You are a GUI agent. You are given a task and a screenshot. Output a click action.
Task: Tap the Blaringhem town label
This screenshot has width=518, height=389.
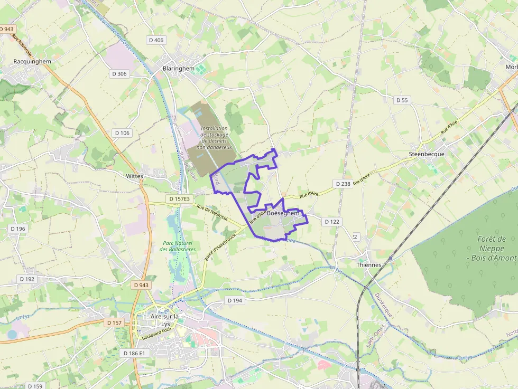[x=179, y=69]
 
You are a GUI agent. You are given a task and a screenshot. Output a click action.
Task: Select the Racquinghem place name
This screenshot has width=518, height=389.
[x=32, y=61]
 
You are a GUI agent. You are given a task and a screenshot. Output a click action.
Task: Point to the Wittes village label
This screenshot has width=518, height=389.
[x=135, y=176]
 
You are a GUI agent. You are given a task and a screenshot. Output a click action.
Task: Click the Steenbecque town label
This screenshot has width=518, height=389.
[x=427, y=154]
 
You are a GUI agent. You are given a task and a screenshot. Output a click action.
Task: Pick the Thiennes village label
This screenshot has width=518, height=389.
[x=368, y=265]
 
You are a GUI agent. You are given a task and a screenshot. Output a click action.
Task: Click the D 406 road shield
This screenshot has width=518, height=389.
[x=156, y=40]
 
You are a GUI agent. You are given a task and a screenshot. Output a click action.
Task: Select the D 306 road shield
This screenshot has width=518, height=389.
[x=119, y=74]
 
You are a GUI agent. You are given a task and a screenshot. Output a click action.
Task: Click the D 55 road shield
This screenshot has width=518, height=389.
[x=403, y=100]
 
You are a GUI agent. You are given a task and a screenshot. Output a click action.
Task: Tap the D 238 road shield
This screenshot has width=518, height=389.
[x=343, y=184]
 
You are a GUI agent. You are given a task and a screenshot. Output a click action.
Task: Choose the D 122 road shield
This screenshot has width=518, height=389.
[x=331, y=222]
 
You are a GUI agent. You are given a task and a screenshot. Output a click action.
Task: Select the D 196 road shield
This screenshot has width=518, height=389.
[x=17, y=229]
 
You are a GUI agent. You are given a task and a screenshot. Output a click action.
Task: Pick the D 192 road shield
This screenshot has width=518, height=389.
[x=27, y=279]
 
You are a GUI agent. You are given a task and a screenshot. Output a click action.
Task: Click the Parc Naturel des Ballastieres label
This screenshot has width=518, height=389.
[x=178, y=246]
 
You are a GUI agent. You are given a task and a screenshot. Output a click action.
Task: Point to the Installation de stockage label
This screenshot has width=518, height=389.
[x=214, y=138]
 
